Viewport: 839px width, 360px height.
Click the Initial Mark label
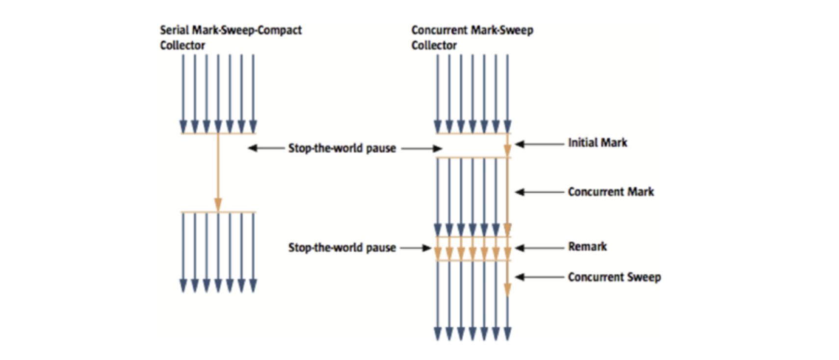(597, 143)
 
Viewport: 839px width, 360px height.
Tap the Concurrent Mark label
(610, 192)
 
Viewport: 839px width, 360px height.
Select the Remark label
(587, 247)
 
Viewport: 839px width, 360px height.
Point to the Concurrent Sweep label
(614, 277)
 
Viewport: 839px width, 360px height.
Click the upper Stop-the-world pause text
(342, 148)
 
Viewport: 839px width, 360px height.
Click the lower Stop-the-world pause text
(342, 248)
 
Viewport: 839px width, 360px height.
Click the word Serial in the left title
(174, 30)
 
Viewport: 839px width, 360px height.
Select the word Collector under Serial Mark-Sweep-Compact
(183, 46)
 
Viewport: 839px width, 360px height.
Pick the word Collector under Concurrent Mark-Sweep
(434, 46)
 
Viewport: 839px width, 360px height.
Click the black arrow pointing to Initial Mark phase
(539, 144)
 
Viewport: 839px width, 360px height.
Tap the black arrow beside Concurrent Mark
(539, 192)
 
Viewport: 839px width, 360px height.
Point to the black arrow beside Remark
(539, 248)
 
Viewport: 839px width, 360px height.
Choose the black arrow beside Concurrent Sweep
(539, 277)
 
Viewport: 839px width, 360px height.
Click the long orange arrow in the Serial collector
(218, 172)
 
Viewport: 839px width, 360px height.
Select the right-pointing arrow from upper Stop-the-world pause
(421, 148)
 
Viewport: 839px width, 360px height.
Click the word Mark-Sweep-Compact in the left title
(246, 30)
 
